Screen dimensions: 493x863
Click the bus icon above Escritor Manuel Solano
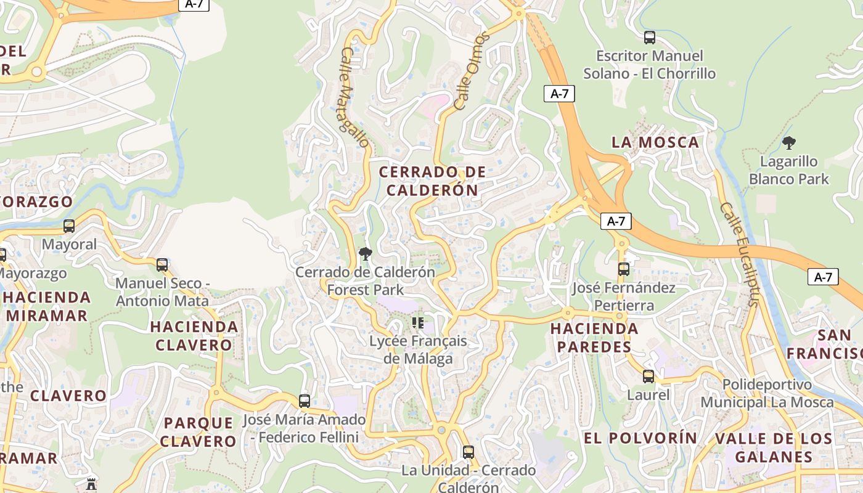649,38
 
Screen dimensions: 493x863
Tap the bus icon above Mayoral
69,226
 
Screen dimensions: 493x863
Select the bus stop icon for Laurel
648,377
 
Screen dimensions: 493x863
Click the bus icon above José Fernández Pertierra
624,269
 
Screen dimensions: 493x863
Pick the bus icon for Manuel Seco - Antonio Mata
162,265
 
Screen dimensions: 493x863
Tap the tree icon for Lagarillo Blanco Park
788,144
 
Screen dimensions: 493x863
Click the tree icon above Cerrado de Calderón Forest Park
365,253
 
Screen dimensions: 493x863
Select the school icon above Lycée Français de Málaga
418,322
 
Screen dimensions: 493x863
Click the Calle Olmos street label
472,71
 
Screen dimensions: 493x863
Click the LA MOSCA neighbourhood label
655,142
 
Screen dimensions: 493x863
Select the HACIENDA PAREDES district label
594,337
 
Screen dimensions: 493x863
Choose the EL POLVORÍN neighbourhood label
640,438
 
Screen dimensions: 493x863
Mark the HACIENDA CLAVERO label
194,335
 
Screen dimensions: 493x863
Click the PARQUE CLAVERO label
198,432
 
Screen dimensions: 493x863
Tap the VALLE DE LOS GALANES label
774,447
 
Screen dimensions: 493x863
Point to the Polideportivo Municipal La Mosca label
767,393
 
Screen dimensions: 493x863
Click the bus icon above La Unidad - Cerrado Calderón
468,452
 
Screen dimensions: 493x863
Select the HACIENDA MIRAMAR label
47,306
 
